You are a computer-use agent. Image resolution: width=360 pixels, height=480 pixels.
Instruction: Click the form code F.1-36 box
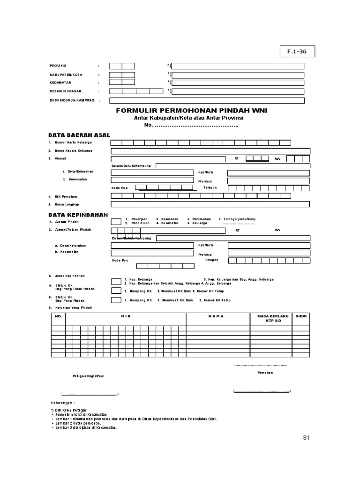(298, 52)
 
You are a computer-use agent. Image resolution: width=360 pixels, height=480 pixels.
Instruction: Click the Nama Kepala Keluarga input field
(210, 151)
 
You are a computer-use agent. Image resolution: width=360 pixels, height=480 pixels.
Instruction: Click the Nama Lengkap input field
(210, 204)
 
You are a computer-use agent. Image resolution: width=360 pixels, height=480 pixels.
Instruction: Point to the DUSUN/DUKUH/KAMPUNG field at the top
(207, 100)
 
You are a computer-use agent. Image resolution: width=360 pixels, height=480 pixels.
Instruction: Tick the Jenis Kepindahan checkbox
(116, 281)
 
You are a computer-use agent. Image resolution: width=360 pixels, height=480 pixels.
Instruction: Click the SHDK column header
(301, 316)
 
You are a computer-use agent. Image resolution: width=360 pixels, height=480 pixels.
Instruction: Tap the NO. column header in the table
(59, 316)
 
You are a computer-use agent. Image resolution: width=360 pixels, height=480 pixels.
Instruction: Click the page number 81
(307, 437)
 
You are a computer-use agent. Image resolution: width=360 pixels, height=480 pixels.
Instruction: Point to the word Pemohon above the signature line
(265, 373)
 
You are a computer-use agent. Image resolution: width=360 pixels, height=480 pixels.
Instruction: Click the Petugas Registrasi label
(88, 376)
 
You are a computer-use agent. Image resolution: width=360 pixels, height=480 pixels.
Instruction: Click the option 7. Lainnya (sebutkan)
(236, 219)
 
